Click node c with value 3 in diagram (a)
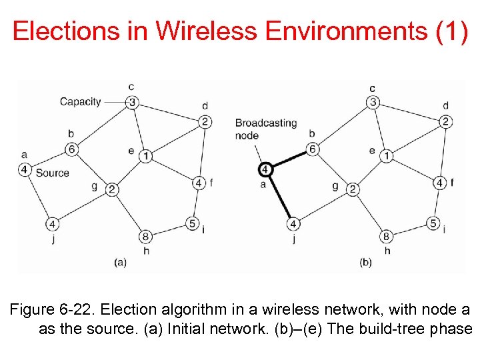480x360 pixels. click(133, 102)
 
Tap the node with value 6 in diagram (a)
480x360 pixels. click(72, 149)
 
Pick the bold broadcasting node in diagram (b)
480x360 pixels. click(265, 169)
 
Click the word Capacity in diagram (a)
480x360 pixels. click(80, 102)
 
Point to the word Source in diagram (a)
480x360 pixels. click(53, 173)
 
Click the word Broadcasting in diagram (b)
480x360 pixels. click(266, 123)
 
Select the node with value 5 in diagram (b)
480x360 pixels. click(433, 223)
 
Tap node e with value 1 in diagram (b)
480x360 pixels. click(386, 156)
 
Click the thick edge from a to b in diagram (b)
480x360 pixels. click(289, 159)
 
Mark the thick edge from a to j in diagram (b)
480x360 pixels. click(279, 196)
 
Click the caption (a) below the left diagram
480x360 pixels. click(120, 263)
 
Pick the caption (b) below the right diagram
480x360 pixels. click(366, 263)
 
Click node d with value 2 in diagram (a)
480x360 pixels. click(205, 121)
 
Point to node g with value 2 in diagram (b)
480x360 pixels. click(353, 189)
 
